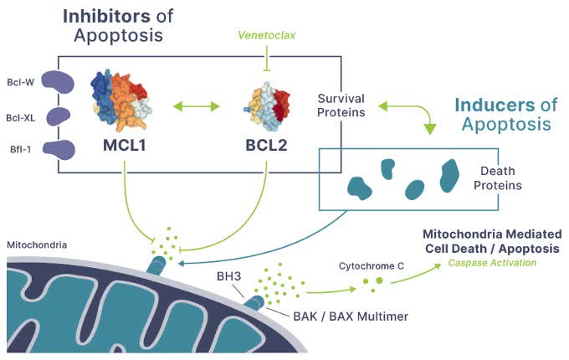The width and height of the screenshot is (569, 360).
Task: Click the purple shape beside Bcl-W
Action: click(x=59, y=81)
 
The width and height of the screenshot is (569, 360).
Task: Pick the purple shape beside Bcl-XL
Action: click(x=59, y=116)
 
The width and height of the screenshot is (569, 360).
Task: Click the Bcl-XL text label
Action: click(x=20, y=118)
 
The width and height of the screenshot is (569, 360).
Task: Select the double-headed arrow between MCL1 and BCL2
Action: click(x=196, y=107)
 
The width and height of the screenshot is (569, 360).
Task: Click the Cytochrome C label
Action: click(x=372, y=266)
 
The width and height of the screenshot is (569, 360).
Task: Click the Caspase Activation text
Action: click(x=491, y=263)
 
